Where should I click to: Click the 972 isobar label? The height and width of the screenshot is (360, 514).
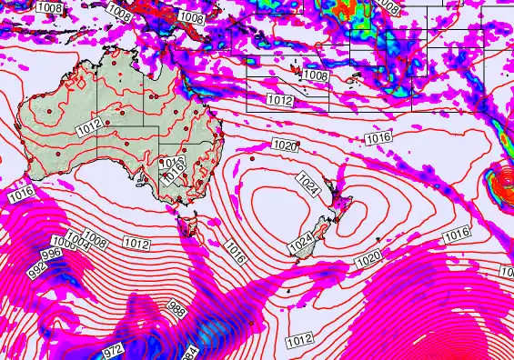(113, 349)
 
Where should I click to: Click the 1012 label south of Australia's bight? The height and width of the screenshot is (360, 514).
(136, 244)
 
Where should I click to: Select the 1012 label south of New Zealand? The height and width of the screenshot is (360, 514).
(299, 341)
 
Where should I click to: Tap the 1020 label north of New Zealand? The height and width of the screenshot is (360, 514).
(285, 145)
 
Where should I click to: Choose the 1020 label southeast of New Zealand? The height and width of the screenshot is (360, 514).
(368, 261)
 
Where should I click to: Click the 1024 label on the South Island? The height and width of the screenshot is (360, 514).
(301, 245)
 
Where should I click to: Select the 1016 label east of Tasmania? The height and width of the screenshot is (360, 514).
(234, 249)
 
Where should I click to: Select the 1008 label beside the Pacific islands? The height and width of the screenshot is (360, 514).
(316, 75)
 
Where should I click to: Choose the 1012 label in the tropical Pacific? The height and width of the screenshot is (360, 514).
(279, 100)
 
